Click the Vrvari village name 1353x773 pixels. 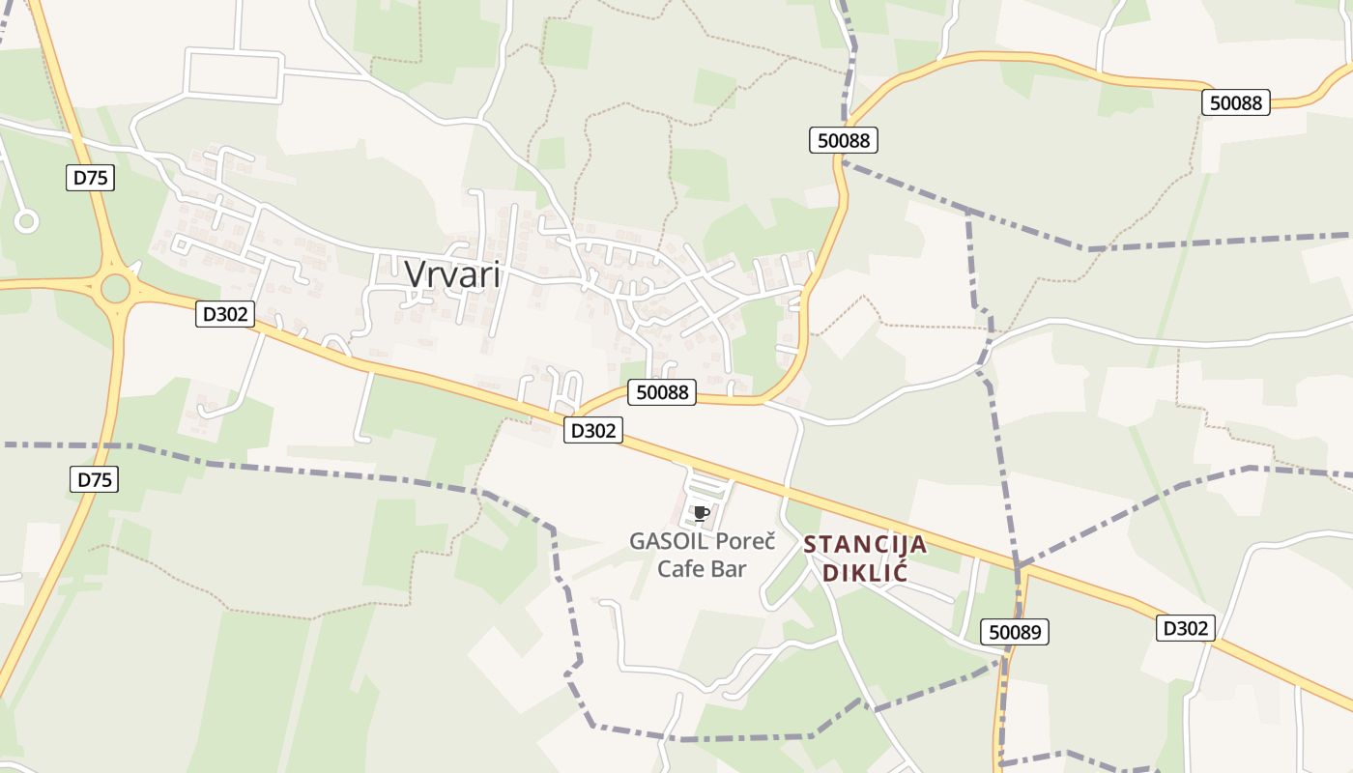pyautogui.click(x=452, y=274)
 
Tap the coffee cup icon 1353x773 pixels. pyautogui.click(x=702, y=513)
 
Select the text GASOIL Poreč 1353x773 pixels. pyautogui.click(x=702, y=541)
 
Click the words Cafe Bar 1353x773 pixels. pyautogui.click(x=702, y=568)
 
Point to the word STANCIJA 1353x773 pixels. pyautogui.click(x=865, y=545)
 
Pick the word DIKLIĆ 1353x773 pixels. pyautogui.click(x=865, y=571)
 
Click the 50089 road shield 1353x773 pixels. pyautogui.click(x=1014, y=633)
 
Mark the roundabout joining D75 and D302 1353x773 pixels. pyautogui.click(x=116, y=287)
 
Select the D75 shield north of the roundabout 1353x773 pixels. pyautogui.click(x=91, y=177)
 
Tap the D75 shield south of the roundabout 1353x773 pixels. pyautogui.click(x=95, y=479)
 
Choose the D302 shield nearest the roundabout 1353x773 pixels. pyautogui.click(x=224, y=313)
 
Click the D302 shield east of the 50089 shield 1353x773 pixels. pyautogui.click(x=1185, y=628)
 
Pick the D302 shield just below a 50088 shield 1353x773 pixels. pyautogui.click(x=592, y=431)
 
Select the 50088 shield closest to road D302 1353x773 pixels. pyautogui.click(x=662, y=391)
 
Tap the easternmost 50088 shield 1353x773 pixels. pyautogui.click(x=1236, y=102)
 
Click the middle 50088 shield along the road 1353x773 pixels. pyautogui.click(x=844, y=140)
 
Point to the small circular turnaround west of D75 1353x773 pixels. pyautogui.click(x=26, y=221)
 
